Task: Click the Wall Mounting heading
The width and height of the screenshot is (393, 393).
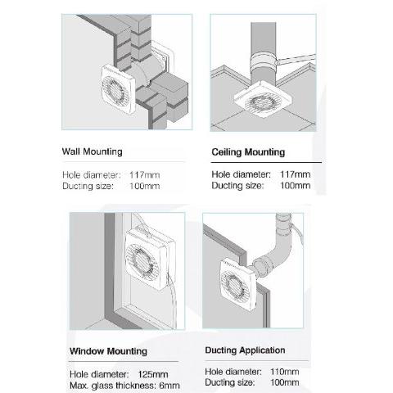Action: tap(92, 151)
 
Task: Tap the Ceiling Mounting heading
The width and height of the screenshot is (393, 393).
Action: tap(248, 152)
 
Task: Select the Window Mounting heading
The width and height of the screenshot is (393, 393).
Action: tap(108, 351)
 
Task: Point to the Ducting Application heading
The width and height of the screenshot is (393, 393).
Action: tap(245, 350)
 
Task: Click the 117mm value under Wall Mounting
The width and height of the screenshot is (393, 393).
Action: tap(145, 174)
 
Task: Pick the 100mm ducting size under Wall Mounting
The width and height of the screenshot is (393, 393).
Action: tap(145, 186)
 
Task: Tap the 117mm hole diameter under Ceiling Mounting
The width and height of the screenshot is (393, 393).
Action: tap(296, 174)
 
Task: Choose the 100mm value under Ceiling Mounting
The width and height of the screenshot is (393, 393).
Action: tap(296, 186)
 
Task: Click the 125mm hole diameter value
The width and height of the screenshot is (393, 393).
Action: tap(153, 374)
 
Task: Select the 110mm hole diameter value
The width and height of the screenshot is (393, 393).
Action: tap(285, 372)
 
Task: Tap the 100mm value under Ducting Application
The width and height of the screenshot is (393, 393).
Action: tap(285, 382)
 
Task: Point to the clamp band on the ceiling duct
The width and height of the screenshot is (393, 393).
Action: tap(264, 61)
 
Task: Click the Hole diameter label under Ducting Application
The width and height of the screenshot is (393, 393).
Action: tap(233, 372)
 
